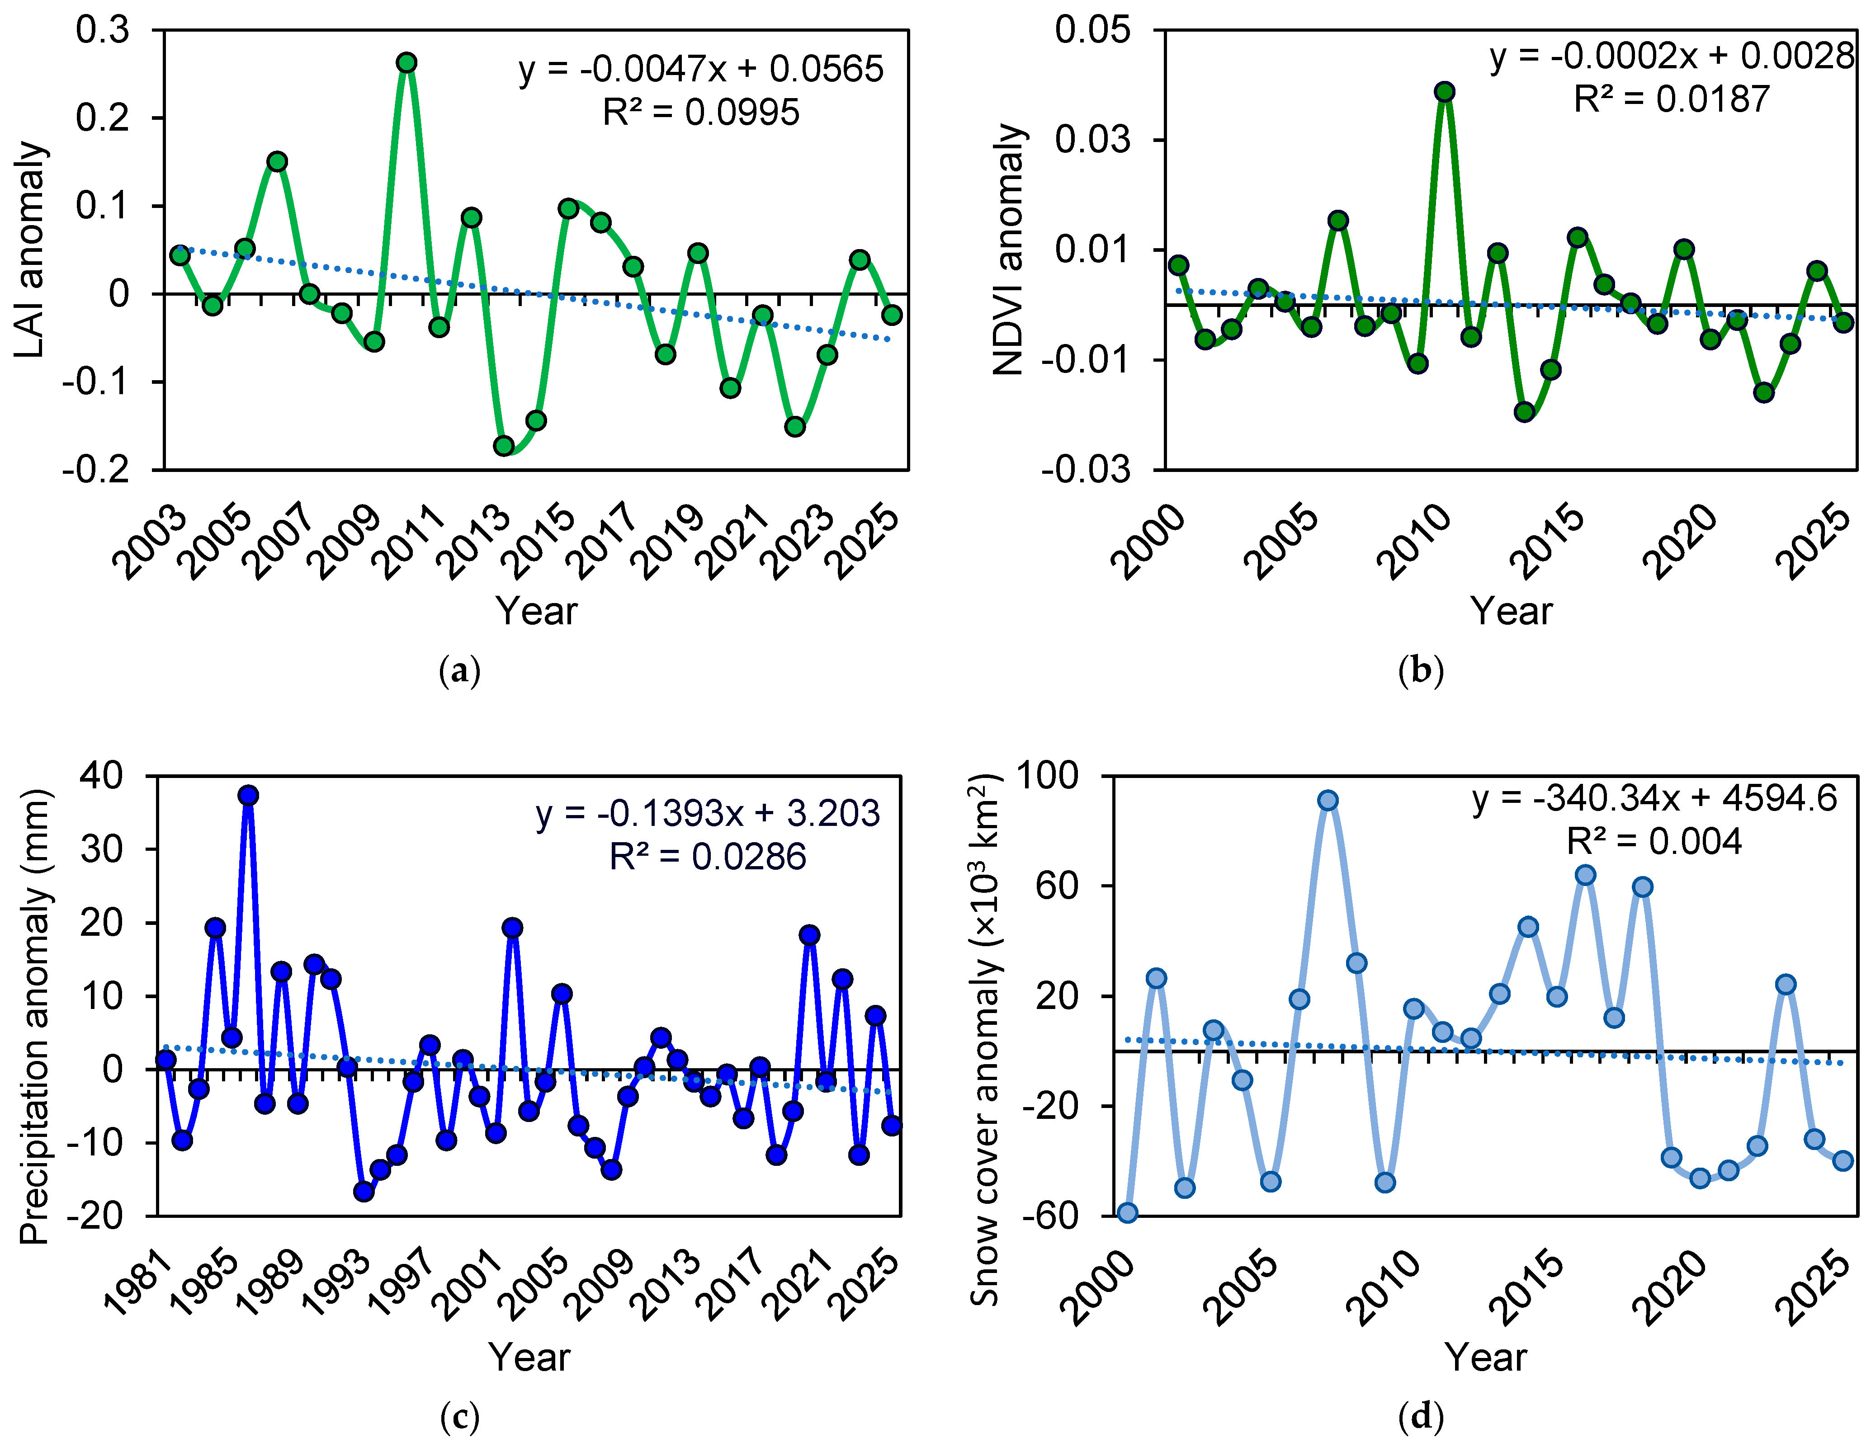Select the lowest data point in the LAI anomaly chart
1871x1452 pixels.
504,445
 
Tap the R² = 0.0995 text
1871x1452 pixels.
701,112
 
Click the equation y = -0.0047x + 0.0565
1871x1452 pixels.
701,69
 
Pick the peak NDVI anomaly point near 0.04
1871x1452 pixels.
1444,92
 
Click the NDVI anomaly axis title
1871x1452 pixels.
1009,249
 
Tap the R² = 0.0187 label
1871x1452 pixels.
1672,99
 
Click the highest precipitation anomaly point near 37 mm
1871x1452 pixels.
248,795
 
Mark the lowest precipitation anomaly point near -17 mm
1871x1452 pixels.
364,1191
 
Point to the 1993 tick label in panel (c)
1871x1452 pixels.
338,1285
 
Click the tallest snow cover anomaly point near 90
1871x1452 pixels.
1328,800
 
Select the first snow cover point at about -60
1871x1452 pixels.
1127,1212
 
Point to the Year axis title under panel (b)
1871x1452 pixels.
1511,611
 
